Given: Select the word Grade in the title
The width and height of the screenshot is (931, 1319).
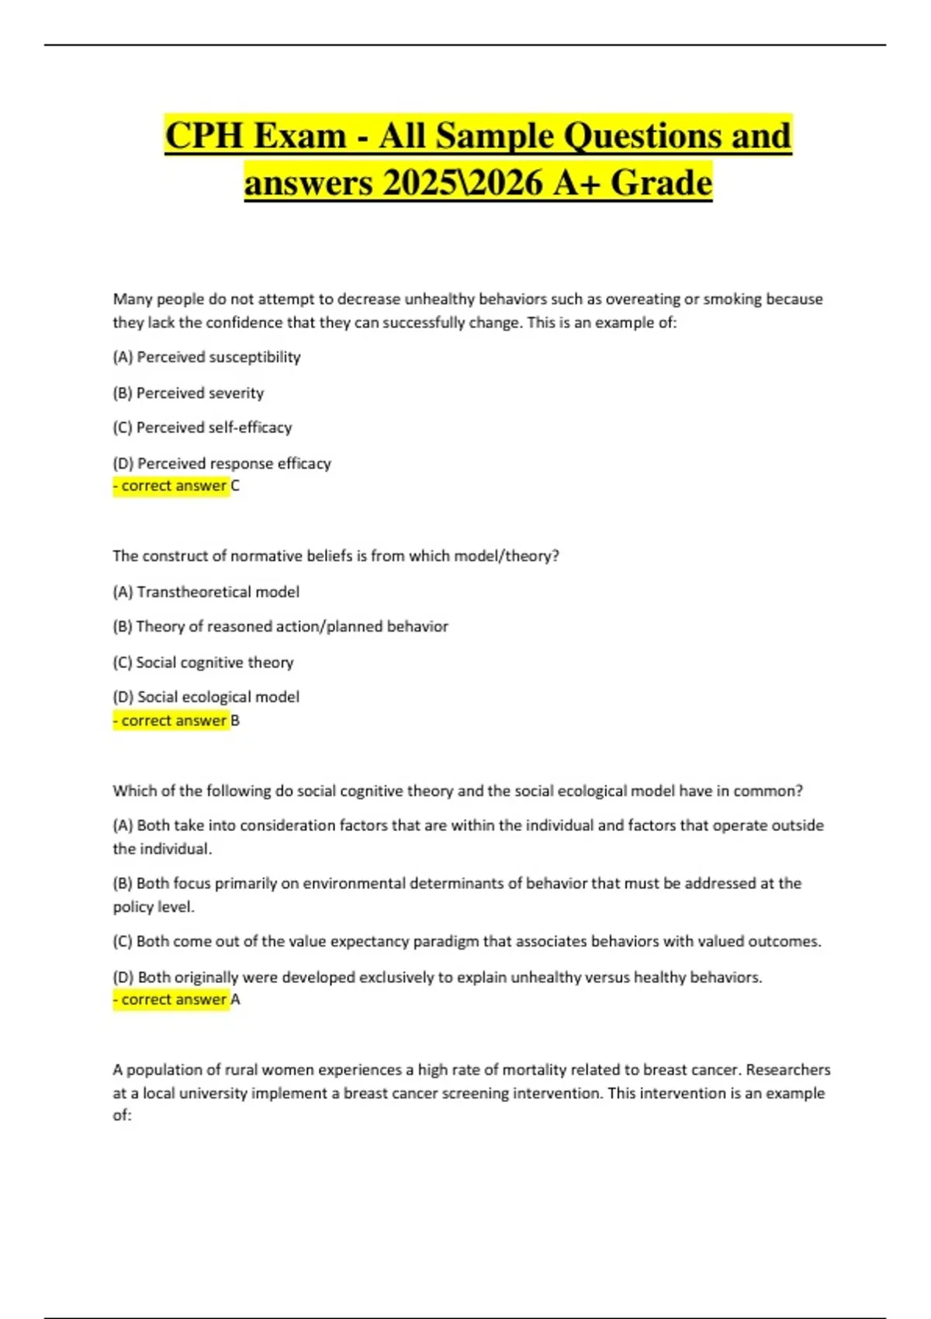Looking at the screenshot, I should point(661,183).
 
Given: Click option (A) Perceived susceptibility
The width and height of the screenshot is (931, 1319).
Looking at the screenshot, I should point(206,357).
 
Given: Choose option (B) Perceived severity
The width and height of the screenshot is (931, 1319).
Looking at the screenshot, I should point(189,393).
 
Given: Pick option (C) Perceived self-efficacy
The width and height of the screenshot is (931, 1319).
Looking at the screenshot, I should point(202,428).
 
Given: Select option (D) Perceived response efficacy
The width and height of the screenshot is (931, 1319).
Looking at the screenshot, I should point(222,463).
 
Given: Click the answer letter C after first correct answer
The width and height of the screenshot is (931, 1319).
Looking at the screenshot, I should point(235,486).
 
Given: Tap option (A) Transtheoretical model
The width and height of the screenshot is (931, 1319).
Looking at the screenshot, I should point(206,592).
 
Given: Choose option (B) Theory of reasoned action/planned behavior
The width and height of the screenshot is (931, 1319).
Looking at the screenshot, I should point(280,626).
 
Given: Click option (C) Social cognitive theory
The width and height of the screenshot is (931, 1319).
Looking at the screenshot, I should point(203,663).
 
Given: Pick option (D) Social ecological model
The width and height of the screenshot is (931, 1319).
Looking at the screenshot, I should point(206,697).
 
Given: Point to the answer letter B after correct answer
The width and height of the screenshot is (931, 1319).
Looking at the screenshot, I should point(235,721).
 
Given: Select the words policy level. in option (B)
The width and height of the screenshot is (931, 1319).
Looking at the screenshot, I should point(154,907).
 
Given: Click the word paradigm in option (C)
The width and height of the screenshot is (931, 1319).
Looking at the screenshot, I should point(445,941).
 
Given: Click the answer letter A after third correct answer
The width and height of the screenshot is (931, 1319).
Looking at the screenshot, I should point(235,999).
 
